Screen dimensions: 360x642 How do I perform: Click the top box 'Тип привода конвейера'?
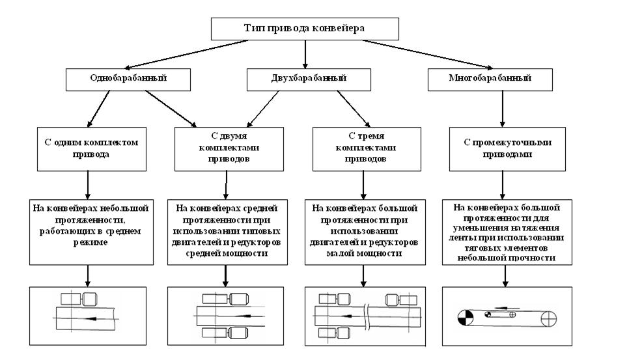click(304, 29)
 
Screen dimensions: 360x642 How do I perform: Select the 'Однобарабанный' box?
click(128, 78)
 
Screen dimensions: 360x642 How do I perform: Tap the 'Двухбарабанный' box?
click(305, 78)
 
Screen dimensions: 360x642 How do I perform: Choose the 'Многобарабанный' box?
click(490, 78)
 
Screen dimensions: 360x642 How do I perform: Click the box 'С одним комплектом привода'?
click(87, 149)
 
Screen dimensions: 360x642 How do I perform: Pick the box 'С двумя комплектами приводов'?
click(229, 149)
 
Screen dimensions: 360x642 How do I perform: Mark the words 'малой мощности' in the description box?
click(367, 254)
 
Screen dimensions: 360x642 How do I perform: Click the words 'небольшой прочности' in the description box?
click(502, 258)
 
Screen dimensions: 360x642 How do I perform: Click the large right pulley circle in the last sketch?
click(548, 318)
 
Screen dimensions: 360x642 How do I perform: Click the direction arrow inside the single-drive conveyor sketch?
click(94, 318)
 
